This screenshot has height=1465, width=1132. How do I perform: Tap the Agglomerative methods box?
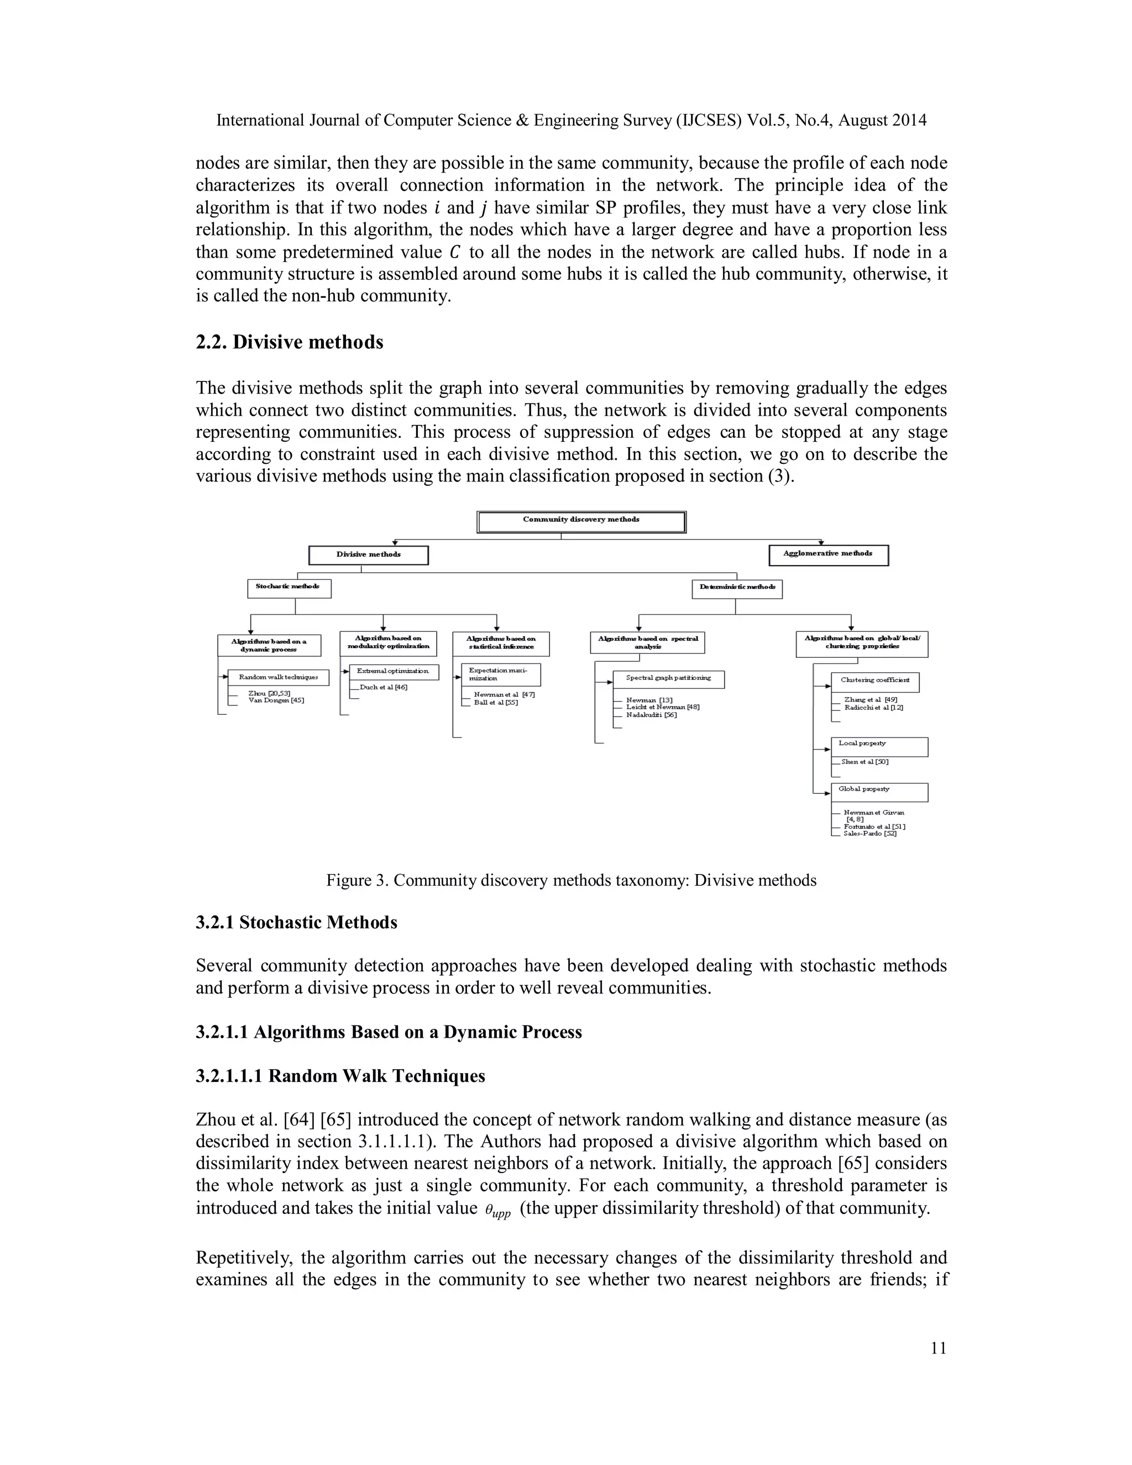[x=827, y=554]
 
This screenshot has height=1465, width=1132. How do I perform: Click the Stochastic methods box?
[x=289, y=588]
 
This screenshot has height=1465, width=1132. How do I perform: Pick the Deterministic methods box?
[x=736, y=588]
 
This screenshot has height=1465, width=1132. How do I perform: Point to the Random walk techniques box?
[x=279, y=678]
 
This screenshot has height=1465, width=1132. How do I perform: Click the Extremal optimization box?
[x=394, y=672]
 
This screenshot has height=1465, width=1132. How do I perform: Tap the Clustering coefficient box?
[x=874, y=682]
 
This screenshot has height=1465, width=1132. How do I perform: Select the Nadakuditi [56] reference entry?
[x=651, y=715]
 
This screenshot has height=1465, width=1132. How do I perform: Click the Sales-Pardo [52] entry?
[x=870, y=833]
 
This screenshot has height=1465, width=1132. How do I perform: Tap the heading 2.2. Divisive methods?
[x=289, y=342]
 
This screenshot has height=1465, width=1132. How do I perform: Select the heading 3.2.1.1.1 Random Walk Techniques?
[x=340, y=1076]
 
